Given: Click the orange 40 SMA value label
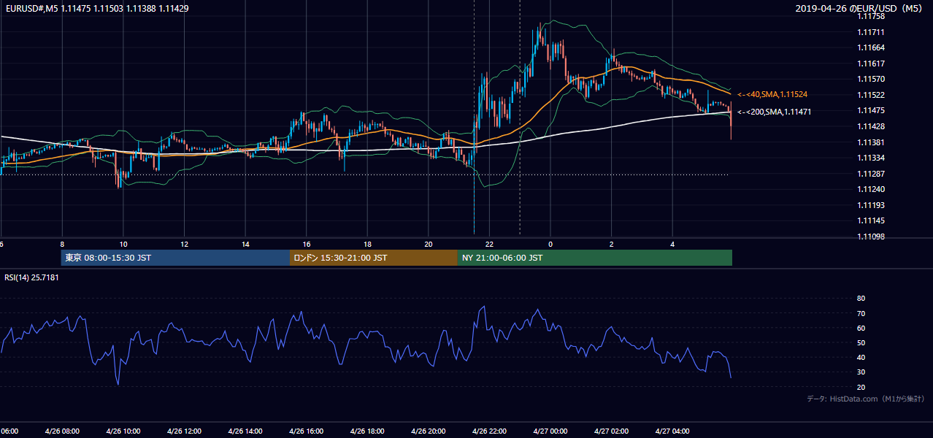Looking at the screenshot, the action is (x=772, y=94).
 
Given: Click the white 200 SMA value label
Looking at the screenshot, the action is (x=775, y=112).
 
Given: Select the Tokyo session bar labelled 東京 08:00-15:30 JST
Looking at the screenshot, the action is (x=175, y=258).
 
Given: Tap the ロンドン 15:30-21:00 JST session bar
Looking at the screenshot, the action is (x=374, y=258).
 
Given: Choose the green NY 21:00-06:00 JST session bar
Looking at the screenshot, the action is (x=595, y=258).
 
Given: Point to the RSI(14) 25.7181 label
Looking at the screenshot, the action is (x=31, y=277).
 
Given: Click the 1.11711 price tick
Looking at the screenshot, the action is (x=871, y=32).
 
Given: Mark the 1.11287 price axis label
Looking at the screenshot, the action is (x=871, y=174).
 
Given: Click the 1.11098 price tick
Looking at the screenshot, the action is (x=871, y=237).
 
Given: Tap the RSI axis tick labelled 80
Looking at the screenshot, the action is (x=861, y=298).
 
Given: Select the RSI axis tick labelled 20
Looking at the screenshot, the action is (x=861, y=387).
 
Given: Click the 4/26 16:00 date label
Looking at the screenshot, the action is (x=307, y=431).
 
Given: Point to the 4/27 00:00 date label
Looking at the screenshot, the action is (x=550, y=431).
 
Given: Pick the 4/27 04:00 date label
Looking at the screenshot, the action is (x=672, y=431).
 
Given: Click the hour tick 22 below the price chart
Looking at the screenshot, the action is (x=489, y=245).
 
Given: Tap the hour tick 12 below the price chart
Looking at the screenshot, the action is (x=184, y=245).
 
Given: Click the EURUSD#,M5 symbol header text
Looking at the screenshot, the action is (x=32, y=8).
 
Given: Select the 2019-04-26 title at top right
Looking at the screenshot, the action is (x=820, y=8).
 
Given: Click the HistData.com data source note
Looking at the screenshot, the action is (x=853, y=399).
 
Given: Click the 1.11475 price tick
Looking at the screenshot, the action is (x=871, y=110).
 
